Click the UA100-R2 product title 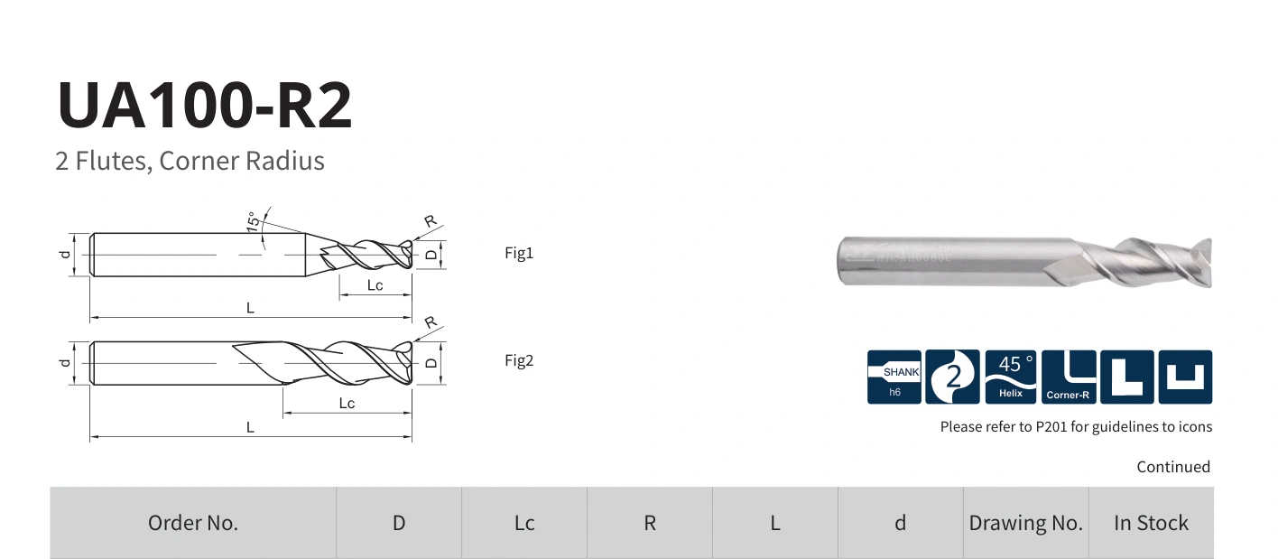pyautogui.click(x=204, y=105)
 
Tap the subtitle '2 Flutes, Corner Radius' pyautogui.click(x=190, y=161)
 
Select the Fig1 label pyautogui.click(x=519, y=253)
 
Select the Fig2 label pyautogui.click(x=519, y=360)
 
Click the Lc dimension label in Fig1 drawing pyautogui.click(x=375, y=285)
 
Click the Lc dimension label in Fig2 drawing pyautogui.click(x=347, y=403)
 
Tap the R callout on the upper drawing pyautogui.click(x=431, y=220)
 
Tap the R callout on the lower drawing pyautogui.click(x=431, y=322)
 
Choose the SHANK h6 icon pyautogui.click(x=894, y=377)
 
